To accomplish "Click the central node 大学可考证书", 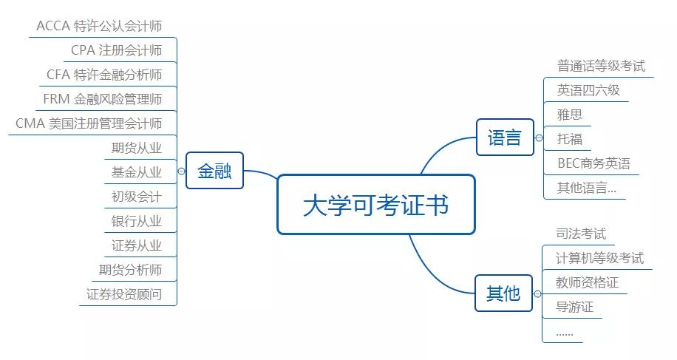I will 375,205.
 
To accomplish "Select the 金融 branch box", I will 214,171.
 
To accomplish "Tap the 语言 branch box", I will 505,137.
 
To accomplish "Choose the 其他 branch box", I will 503,293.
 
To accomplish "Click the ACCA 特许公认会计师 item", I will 99,26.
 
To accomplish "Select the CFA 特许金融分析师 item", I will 104,75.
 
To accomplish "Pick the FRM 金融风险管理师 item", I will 103,99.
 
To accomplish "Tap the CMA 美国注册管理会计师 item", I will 89,123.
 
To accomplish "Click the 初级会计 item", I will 136,197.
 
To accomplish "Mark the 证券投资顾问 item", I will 123,294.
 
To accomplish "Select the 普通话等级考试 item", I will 601,66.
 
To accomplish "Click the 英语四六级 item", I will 588,90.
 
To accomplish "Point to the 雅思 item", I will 570,115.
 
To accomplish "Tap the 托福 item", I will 570,139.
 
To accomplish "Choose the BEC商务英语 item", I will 593,163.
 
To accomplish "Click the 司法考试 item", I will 581,234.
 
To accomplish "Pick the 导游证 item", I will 575,307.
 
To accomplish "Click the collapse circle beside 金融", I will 182,171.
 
